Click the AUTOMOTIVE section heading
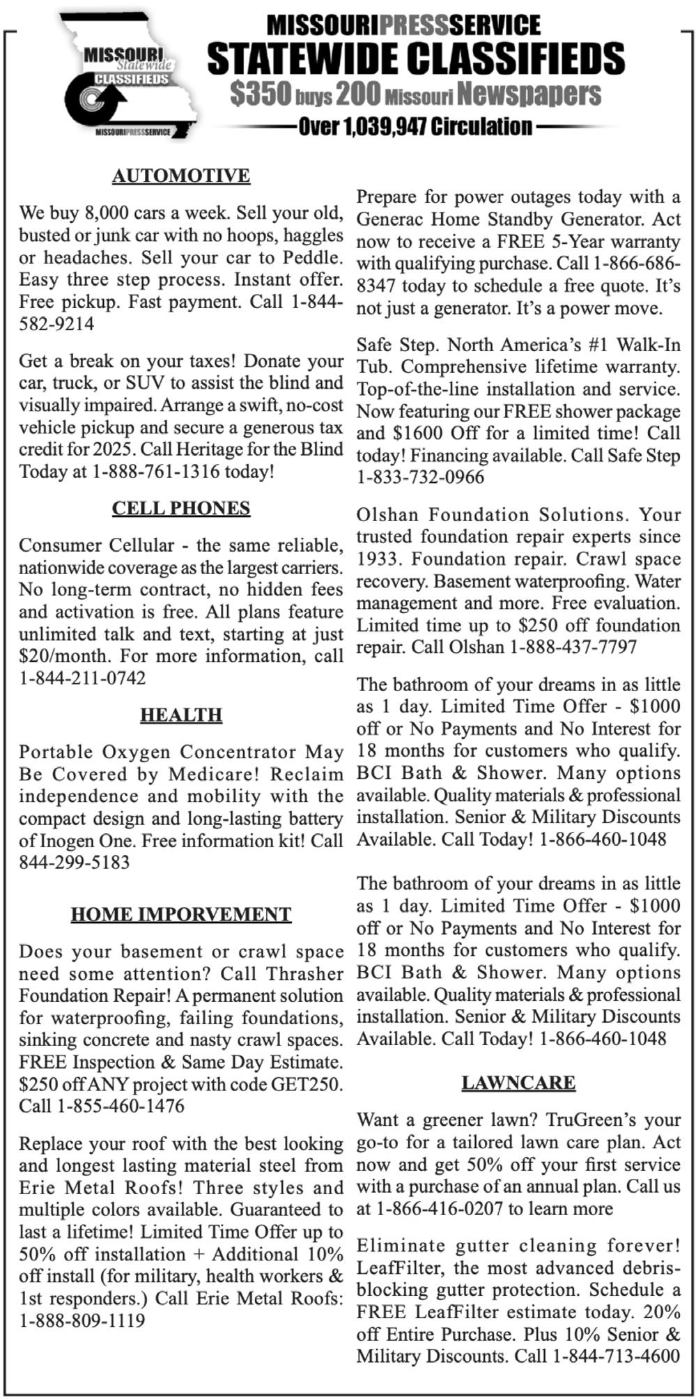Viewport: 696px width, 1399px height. coord(180,176)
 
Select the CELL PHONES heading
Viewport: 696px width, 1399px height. coord(180,508)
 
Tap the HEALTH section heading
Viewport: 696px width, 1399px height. coord(180,715)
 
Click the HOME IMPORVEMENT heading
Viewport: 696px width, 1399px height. coord(180,914)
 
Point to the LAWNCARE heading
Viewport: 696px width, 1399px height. coord(518,1082)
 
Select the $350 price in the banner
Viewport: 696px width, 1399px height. coord(259,94)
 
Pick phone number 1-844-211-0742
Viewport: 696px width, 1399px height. coord(82,678)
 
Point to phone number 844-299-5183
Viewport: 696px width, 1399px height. coord(74,863)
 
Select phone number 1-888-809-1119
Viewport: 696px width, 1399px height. coord(82,1320)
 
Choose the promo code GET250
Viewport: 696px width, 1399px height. coord(307,1084)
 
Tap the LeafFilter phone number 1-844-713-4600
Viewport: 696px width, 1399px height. coord(616,1356)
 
